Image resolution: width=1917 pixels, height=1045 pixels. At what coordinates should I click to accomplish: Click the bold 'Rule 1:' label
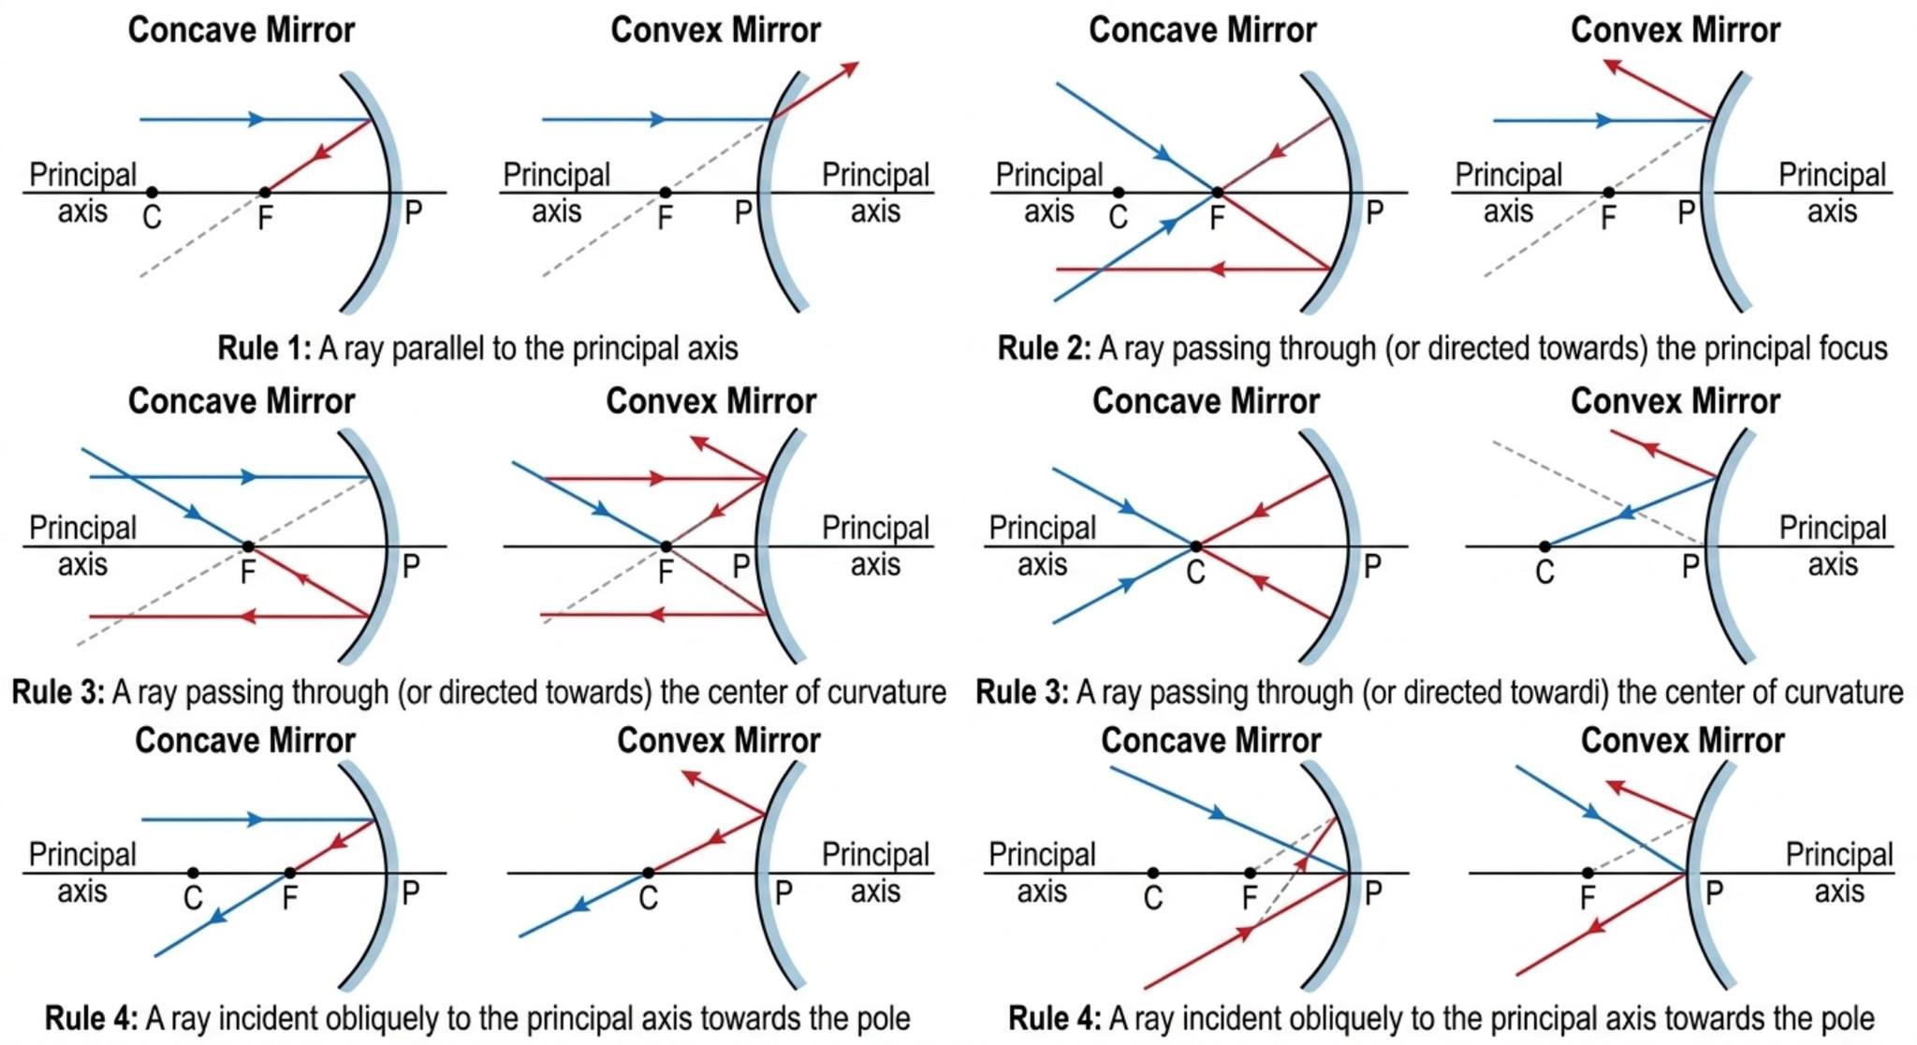[264, 348]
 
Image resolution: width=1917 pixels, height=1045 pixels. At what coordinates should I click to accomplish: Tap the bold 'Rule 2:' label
[1044, 348]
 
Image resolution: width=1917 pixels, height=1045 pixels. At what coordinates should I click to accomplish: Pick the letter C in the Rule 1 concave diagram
[152, 217]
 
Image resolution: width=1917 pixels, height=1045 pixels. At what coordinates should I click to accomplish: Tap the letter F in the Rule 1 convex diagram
[665, 218]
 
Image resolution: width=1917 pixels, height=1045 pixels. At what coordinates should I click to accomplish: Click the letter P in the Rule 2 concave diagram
[1374, 213]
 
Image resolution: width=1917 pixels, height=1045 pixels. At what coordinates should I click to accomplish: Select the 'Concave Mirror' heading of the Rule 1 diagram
[241, 30]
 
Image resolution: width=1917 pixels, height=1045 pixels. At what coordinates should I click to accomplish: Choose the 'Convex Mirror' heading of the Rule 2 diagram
[1676, 30]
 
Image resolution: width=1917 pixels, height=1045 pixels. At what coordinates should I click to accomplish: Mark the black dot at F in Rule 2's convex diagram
[1608, 193]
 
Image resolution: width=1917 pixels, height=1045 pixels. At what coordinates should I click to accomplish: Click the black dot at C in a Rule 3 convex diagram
[1544, 546]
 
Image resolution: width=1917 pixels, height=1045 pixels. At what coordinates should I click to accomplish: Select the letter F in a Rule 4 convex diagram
[1587, 898]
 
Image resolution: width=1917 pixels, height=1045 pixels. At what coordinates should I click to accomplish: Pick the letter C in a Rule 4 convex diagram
[648, 898]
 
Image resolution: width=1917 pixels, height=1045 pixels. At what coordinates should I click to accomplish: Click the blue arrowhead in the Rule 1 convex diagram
[659, 120]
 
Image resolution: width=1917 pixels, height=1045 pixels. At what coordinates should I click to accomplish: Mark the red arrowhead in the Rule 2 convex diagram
[1612, 65]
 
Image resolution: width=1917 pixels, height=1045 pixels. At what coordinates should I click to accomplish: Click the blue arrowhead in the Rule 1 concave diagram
[256, 120]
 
